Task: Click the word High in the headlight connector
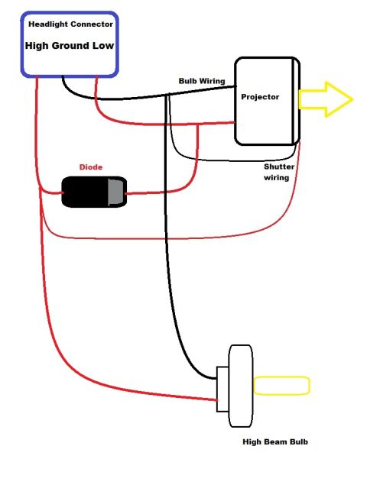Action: pyautogui.click(x=37, y=46)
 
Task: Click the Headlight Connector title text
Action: pyautogui.click(x=71, y=24)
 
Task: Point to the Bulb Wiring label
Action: pyautogui.click(x=202, y=81)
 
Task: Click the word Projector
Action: pyautogui.click(x=260, y=97)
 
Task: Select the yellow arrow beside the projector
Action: pyautogui.click(x=326, y=99)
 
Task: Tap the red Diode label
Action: pyautogui.click(x=91, y=167)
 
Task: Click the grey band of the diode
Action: pyautogui.click(x=117, y=192)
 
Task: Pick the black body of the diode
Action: pyautogui.click(x=85, y=192)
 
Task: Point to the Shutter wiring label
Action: pyautogui.click(x=278, y=172)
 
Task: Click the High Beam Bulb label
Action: pyautogui.click(x=275, y=441)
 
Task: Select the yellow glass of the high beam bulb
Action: pyautogui.click(x=281, y=386)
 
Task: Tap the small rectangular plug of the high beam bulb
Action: pyautogui.click(x=222, y=389)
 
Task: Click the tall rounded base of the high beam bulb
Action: pyautogui.click(x=241, y=386)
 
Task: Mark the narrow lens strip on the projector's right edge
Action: pyautogui.click(x=296, y=101)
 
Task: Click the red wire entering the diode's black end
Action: pyautogui.click(x=51, y=192)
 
